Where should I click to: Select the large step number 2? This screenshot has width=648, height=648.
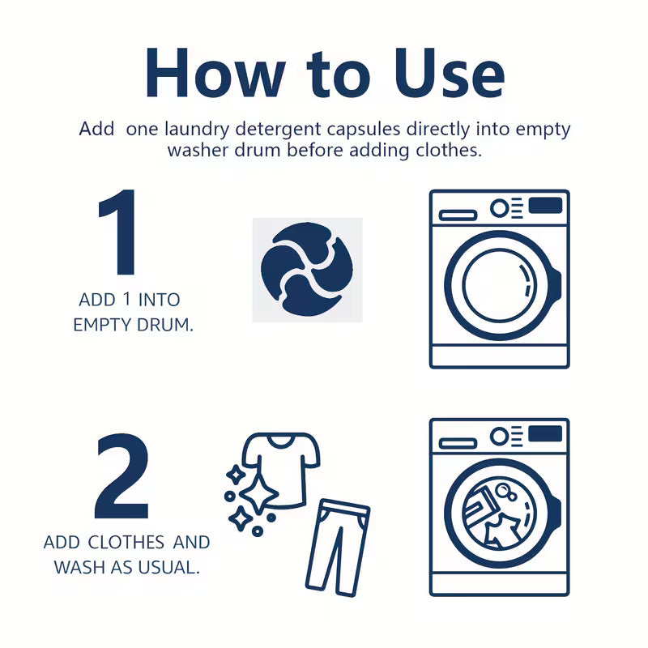click(x=122, y=478)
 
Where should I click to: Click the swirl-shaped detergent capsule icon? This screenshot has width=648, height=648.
click(x=307, y=270)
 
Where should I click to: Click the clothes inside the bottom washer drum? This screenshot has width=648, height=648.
click(x=497, y=515)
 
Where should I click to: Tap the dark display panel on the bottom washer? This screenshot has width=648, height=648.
click(x=545, y=434)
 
